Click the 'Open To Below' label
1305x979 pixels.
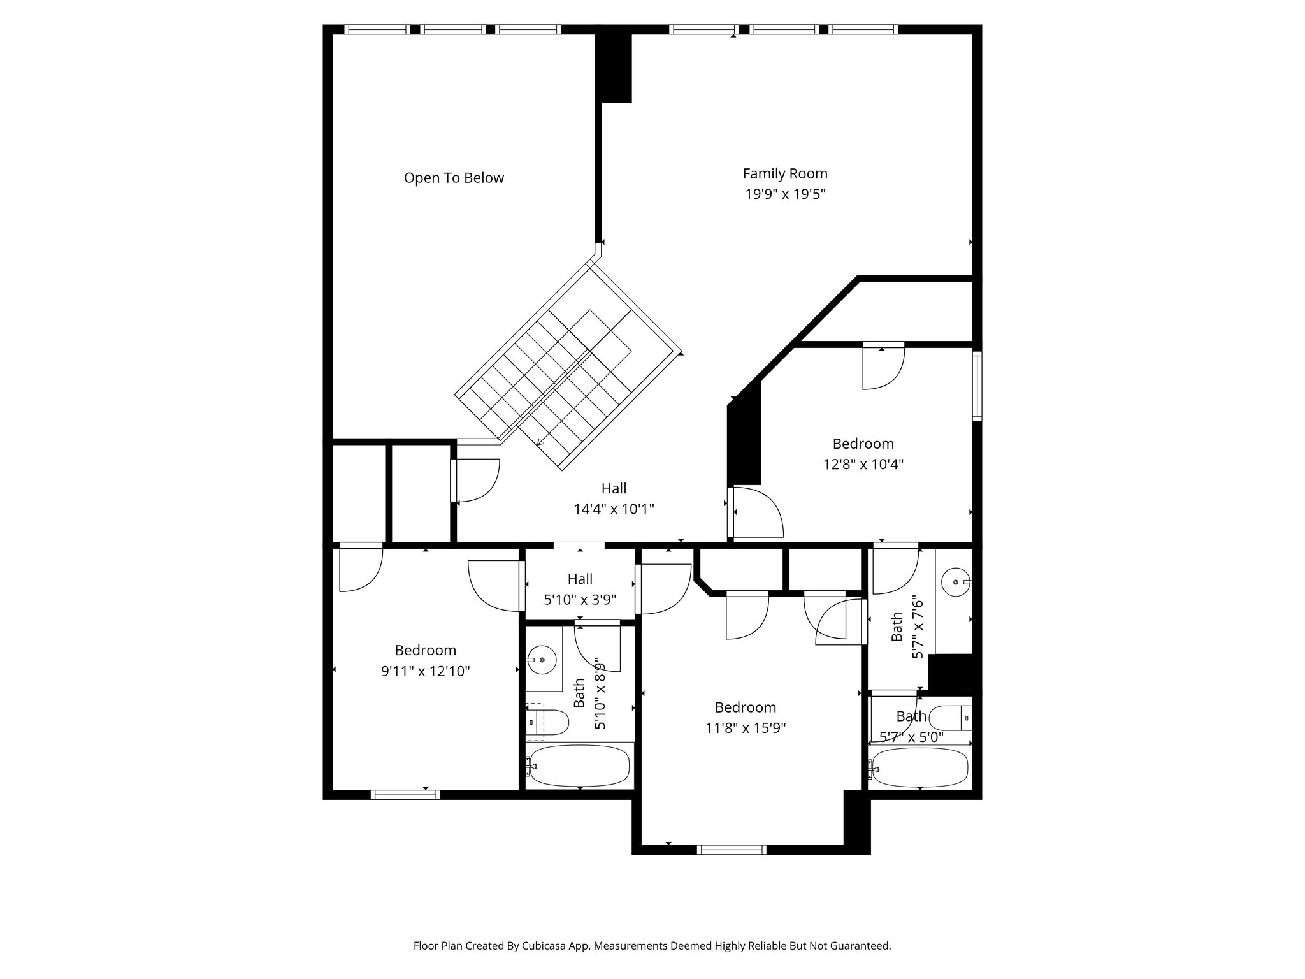coord(454,178)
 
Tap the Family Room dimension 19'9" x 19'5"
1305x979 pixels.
coord(785,194)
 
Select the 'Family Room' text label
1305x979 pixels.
coord(785,173)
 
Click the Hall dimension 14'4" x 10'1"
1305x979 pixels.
coord(614,509)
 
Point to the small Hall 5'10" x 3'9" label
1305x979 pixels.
coord(580,590)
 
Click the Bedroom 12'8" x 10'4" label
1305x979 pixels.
coord(863,454)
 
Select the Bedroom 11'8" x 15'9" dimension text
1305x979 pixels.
coord(746,728)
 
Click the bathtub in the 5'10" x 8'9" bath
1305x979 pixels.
coord(580,765)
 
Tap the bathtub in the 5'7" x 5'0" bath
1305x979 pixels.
coord(920,768)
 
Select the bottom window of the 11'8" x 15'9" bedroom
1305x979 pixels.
coord(731,849)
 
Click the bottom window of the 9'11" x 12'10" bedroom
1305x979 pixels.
coord(405,794)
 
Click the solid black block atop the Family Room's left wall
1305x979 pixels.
coord(615,67)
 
